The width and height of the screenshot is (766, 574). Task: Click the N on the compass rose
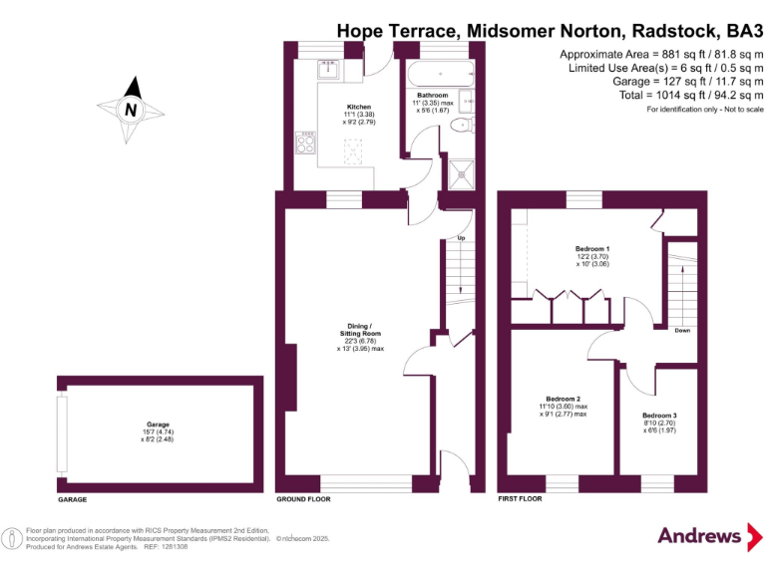tap(130, 110)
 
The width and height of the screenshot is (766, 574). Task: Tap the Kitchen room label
tap(358, 107)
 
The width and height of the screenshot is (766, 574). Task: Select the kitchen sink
tap(327, 69)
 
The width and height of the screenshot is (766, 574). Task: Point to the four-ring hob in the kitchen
tap(304, 144)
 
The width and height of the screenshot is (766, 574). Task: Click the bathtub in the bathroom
tap(439, 72)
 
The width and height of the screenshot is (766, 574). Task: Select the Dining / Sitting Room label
tap(357, 331)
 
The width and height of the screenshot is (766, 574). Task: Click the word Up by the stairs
tap(461, 239)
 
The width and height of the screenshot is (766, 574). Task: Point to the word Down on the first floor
tap(682, 330)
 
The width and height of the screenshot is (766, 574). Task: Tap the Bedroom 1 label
tap(592, 248)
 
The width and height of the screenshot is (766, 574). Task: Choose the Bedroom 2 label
tap(562, 399)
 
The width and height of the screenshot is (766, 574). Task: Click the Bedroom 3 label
tap(659, 415)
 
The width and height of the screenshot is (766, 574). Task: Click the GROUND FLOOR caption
tap(303, 498)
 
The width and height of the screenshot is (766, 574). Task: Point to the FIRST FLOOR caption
tap(520, 498)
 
